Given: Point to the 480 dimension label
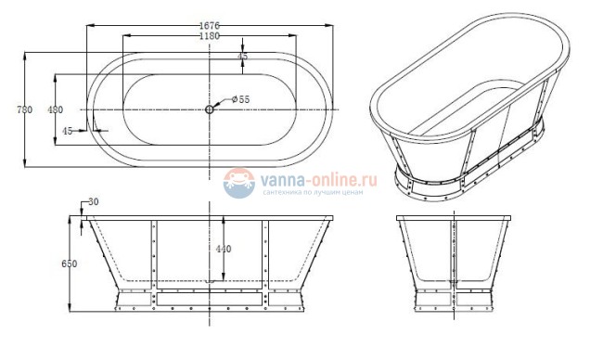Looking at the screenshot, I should pyautogui.click(x=55, y=109).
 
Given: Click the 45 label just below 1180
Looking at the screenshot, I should pyautogui.click(x=243, y=57).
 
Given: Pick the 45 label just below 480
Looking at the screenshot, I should pyautogui.click(x=68, y=131).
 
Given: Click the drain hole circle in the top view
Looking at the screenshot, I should pyautogui.click(x=210, y=109).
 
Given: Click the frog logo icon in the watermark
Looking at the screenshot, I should pyautogui.click(x=239, y=182).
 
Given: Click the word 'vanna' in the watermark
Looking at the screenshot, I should pyautogui.click(x=280, y=176).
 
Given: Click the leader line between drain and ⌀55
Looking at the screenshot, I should pyautogui.click(x=222, y=104).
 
